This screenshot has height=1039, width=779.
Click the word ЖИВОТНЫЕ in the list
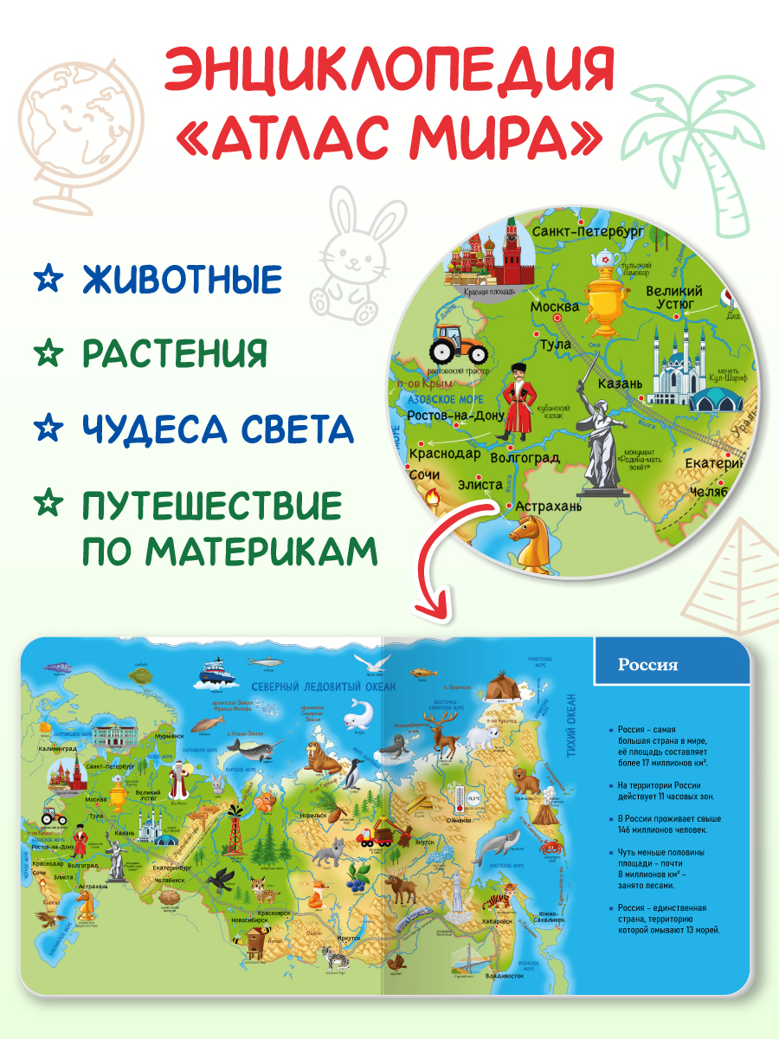click(x=183, y=280)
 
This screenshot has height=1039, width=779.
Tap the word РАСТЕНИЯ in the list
click(x=176, y=354)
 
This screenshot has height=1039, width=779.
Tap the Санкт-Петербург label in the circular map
click(x=589, y=232)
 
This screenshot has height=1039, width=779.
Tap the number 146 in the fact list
click(x=628, y=829)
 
